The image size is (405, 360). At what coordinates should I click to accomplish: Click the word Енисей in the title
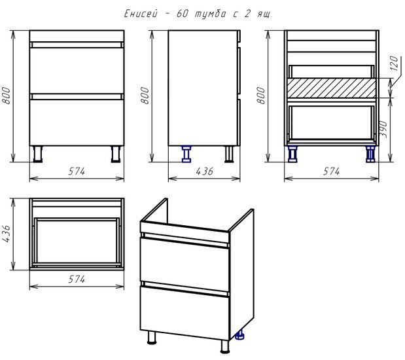coord(141,14)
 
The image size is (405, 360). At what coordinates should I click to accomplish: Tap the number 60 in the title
coord(183,14)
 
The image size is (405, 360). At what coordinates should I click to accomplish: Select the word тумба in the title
coord(210,14)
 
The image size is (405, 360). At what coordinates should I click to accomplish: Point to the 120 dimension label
coord(394,63)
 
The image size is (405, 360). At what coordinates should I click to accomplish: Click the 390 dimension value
coord(384,129)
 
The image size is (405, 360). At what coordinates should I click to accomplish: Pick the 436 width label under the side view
coord(205,171)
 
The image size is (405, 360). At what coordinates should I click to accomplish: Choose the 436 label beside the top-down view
coord(6,234)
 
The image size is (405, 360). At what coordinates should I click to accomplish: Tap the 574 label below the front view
coord(77,171)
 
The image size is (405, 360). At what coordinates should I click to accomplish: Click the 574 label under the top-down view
coord(77,279)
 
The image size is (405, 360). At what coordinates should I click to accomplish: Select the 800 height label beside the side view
coord(145,96)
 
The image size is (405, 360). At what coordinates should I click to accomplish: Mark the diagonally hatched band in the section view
coord(332,88)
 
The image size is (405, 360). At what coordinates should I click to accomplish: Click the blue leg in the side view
coord(186,154)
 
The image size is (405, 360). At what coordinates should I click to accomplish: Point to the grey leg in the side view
coord(229,154)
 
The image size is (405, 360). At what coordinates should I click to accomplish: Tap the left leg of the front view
coord(38,154)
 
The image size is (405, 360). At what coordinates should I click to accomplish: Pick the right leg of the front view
coord(116,154)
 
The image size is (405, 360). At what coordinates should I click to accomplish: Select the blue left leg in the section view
coord(292,154)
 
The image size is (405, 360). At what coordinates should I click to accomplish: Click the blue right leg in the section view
coord(370,154)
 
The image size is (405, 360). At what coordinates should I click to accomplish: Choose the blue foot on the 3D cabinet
coord(240,334)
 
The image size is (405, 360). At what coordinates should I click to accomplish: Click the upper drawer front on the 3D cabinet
coord(185,263)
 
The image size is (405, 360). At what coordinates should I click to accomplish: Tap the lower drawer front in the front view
coord(77,122)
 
